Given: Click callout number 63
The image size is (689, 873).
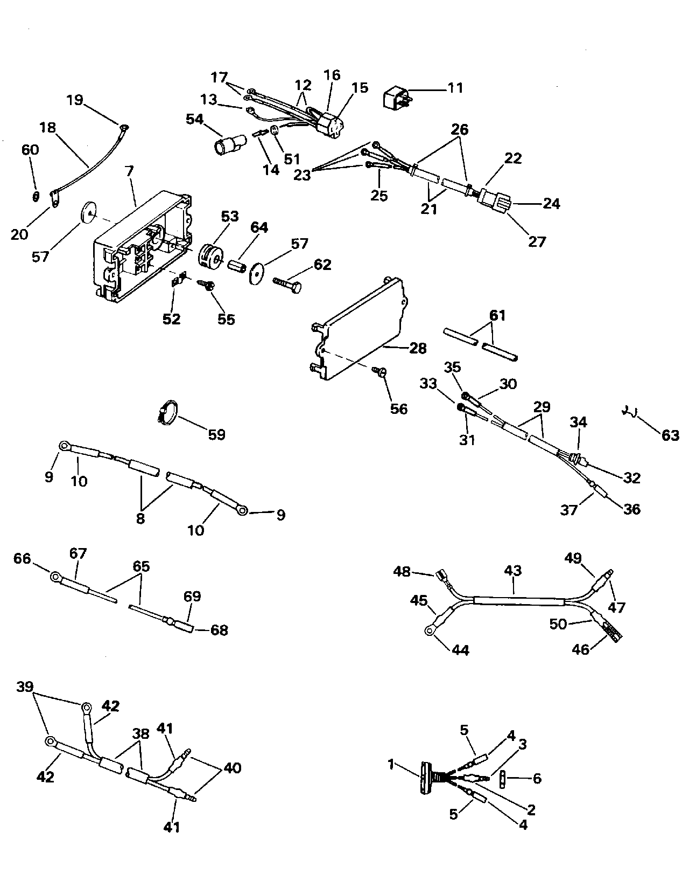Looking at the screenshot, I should [670, 435].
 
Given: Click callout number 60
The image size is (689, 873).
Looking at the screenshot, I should [31, 149].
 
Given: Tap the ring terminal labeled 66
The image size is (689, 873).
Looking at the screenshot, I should [55, 577].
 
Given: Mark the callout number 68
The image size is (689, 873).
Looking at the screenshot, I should [220, 629].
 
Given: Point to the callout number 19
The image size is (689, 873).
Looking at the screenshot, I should [75, 100].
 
